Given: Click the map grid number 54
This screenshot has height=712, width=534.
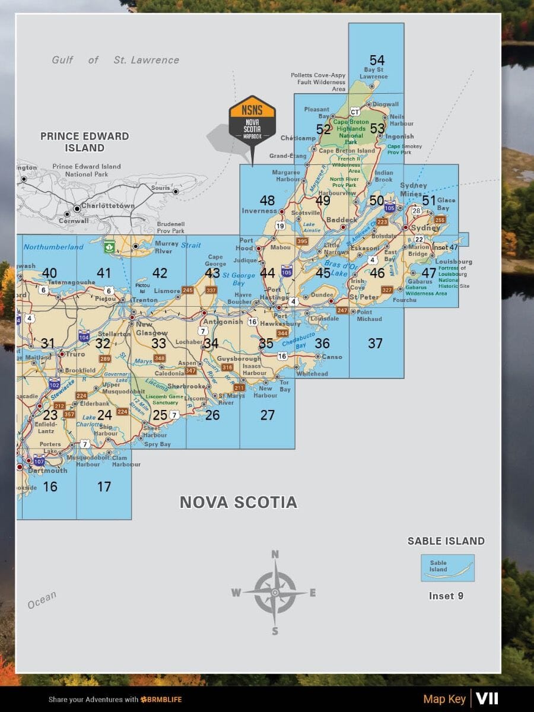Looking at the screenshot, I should click(x=377, y=60).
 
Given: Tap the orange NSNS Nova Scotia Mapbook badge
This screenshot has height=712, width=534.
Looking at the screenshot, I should click(x=253, y=119).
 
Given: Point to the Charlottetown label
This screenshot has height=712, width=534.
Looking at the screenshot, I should click(x=108, y=205).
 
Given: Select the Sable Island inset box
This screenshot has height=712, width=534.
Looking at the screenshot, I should click(x=447, y=567).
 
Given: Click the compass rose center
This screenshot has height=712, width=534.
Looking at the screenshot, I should click(x=275, y=592).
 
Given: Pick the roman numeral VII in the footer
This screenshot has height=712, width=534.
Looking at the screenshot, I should click(x=487, y=698).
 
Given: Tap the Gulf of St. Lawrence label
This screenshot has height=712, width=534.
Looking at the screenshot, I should click(x=115, y=60).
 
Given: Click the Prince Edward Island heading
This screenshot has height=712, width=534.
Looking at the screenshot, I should click(x=84, y=142).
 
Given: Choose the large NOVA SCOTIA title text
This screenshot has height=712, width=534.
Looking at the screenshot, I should click(x=238, y=503).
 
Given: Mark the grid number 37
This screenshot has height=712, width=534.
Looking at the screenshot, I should click(x=375, y=343).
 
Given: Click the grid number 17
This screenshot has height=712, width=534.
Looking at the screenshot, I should click(x=104, y=487).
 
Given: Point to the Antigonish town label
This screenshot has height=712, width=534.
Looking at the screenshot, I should click(x=223, y=322).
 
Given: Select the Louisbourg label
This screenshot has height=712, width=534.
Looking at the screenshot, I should click(x=453, y=261).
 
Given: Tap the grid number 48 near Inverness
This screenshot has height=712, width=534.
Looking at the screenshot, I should click(x=267, y=200).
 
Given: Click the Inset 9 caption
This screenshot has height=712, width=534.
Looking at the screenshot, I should click(x=446, y=596).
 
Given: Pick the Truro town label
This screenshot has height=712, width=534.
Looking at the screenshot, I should click(x=75, y=354).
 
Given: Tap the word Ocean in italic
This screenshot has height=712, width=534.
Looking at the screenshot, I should click(x=42, y=600).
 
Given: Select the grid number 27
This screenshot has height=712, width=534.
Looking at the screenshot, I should click(x=268, y=415).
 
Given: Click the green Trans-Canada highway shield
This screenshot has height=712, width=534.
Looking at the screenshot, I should click(x=109, y=246).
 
